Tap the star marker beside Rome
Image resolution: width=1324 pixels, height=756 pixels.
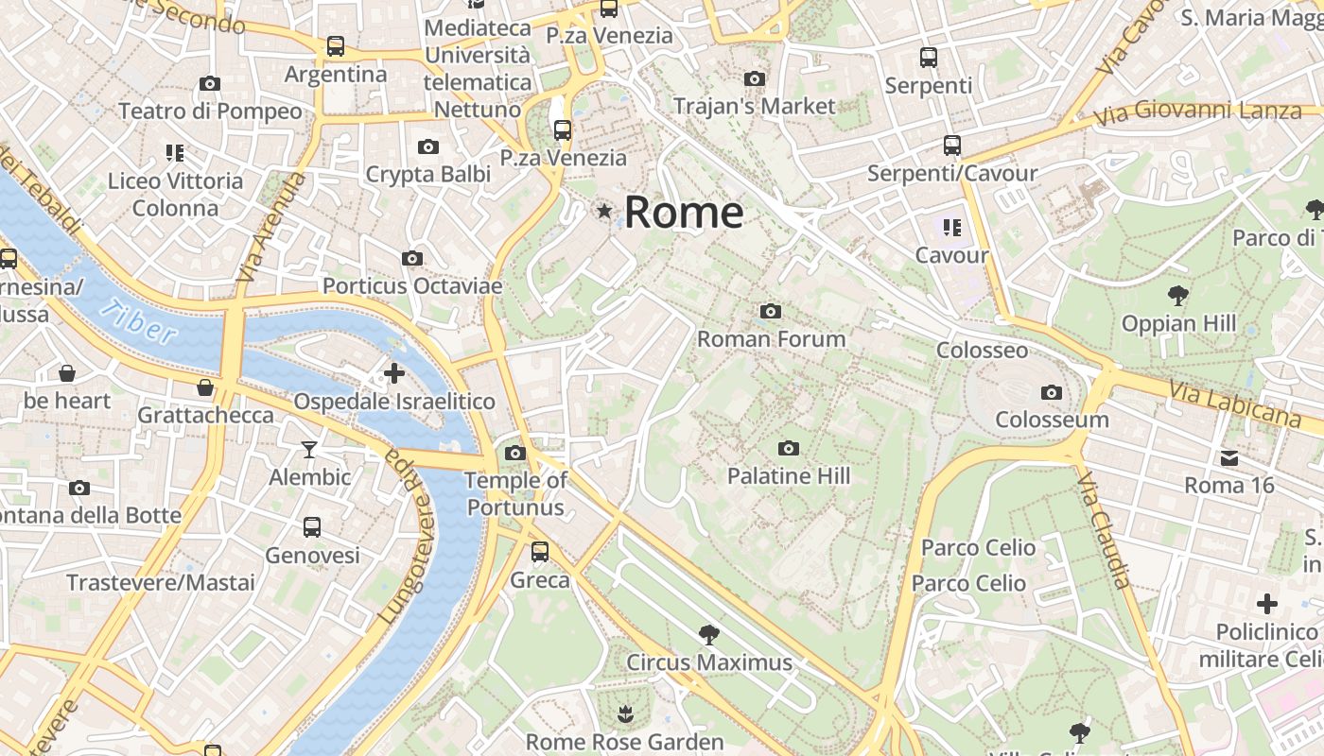[x=604, y=211]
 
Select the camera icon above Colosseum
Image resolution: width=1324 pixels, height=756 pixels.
[x=1051, y=392]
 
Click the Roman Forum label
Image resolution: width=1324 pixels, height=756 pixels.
[x=771, y=338]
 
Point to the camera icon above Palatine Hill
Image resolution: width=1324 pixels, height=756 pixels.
[x=789, y=448]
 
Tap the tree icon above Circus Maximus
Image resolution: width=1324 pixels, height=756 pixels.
[x=708, y=634]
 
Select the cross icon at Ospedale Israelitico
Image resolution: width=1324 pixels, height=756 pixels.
[x=393, y=373]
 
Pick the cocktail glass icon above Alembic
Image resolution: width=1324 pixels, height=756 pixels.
[x=309, y=449]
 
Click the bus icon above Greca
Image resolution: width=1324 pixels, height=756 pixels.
[x=540, y=551]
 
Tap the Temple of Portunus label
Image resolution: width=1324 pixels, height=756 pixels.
[x=515, y=493]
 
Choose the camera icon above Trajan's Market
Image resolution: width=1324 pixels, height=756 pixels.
[x=754, y=78]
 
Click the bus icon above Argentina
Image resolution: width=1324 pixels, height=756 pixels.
[x=335, y=45]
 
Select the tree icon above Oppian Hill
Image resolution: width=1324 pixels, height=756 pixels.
[x=1177, y=296]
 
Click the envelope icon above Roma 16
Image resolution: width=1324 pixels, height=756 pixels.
[x=1229, y=458]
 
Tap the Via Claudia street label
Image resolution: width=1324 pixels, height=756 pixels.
[x=1104, y=529]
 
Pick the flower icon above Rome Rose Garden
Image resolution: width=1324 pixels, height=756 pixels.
[x=624, y=713]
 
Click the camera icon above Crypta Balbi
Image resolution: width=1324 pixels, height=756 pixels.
[x=428, y=146]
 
